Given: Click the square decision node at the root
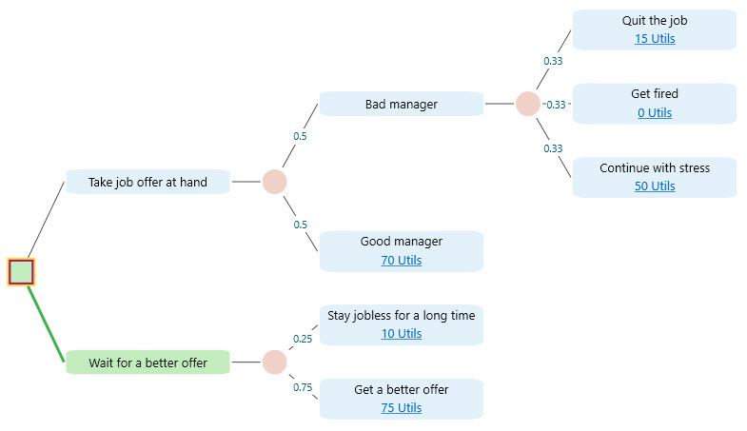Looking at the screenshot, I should [x=21, y=272].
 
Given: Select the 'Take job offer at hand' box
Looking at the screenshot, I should [x=147, y=182].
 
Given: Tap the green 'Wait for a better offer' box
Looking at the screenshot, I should [x=147, y=362].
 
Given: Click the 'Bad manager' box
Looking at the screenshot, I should [x=401, y=104].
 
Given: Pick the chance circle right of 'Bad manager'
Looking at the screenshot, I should [x=528, y=104].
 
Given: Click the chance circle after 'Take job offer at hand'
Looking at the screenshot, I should [x=274, y=182].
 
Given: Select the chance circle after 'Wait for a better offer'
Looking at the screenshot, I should [x=274, y=362].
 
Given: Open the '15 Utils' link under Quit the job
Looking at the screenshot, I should [x=654, y=39].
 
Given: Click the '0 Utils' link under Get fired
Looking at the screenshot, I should [x=654, y=112].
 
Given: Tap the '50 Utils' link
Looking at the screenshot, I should [x=654, y=186].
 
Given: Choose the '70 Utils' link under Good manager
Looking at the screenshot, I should [x=401, y=260].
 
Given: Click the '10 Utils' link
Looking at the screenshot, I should [x=401, y=333].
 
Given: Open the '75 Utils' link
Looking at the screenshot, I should [x=401, y=407].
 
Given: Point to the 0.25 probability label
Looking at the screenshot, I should [x=303, y=339].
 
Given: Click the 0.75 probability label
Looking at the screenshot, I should [x=303, y=387].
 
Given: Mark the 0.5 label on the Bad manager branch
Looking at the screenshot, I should [x=300, y=136].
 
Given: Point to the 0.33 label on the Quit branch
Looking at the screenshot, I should [x=552, y=61].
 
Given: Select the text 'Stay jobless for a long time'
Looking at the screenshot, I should [x=401, y=315].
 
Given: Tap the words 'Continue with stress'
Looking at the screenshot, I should [x=654, y=167].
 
